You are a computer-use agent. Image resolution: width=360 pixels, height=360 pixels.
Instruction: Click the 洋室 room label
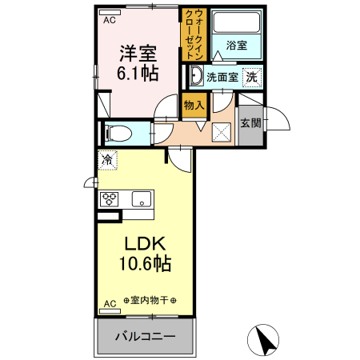point(138,53)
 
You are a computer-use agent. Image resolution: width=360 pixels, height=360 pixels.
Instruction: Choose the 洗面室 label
point(222,78)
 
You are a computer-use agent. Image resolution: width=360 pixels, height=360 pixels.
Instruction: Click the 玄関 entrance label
point(250,122)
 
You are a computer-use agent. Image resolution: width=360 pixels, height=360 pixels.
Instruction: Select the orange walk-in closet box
point(194,36)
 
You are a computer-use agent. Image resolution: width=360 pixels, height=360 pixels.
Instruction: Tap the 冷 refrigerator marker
point(106,159)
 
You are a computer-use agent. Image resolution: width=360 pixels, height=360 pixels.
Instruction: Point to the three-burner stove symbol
point(110,199)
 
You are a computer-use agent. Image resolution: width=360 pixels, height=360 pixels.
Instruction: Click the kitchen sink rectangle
point(140,199)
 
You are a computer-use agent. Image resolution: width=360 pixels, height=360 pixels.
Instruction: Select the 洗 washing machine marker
point(252,78)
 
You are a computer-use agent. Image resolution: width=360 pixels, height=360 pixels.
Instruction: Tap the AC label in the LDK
point(110,303)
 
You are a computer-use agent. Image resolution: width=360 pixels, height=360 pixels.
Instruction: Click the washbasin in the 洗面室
point(197,77)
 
